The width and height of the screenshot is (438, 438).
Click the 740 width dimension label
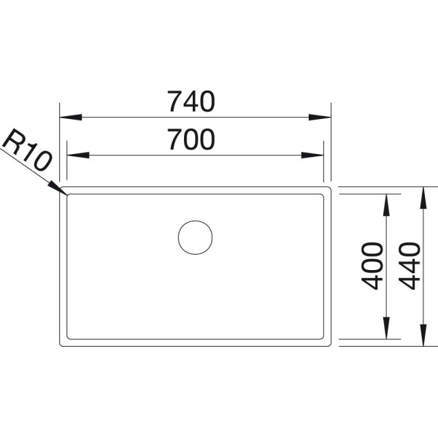(191, 101)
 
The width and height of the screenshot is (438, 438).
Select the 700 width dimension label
(191, 139)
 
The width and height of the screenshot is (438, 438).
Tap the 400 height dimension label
(372, 266)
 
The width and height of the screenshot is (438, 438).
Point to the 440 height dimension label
(410, 266)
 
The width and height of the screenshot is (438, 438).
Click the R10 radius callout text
(26, 150)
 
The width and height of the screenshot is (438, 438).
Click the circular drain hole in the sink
(195, 237)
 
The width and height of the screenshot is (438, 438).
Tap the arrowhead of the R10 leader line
(58, 188)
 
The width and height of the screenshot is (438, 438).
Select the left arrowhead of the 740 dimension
(71, 118)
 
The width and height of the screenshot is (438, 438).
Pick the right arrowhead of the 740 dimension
(320, 118)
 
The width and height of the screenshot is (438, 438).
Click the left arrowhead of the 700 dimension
(78, 155)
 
